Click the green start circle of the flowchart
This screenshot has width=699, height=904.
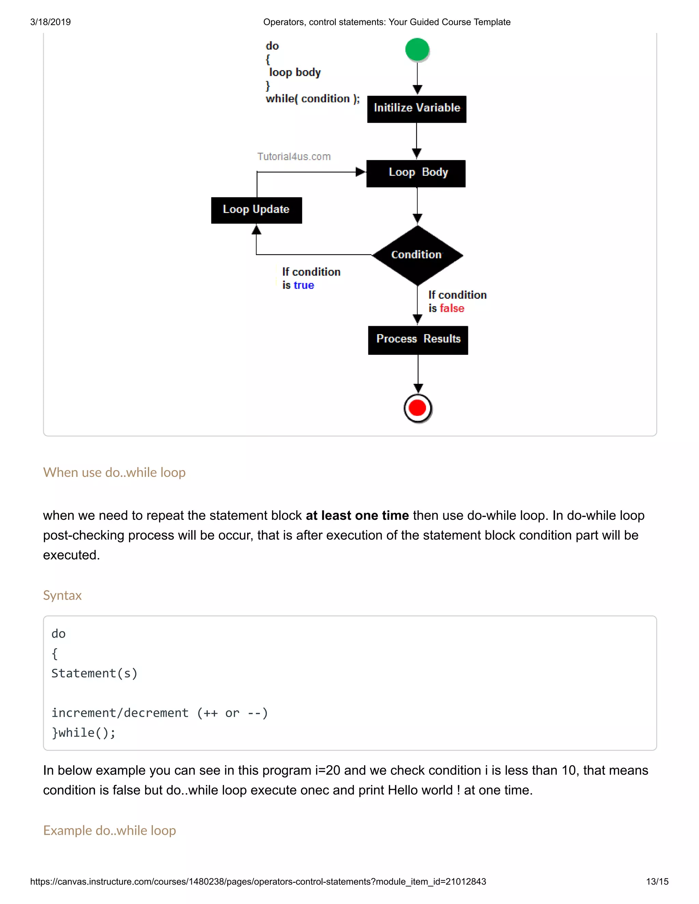417,50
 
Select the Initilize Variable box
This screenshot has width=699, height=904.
417,109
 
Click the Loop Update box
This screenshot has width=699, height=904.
256,210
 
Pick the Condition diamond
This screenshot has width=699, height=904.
417,255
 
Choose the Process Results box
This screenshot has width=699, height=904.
418,340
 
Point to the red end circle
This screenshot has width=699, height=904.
417,408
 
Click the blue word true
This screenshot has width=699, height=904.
304,285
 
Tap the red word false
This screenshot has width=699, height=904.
452,308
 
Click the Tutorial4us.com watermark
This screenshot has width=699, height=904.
294,157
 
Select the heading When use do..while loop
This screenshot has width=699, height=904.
114,472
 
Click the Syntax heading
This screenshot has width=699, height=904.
62,595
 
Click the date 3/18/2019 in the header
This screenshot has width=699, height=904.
51,22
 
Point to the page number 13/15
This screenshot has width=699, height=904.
657,881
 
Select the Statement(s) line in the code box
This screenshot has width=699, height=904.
95,673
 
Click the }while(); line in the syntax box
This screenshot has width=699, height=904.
84,733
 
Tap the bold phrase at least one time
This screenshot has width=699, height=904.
357,515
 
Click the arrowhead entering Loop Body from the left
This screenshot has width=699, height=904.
361,172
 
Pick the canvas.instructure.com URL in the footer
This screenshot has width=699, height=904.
258,881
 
